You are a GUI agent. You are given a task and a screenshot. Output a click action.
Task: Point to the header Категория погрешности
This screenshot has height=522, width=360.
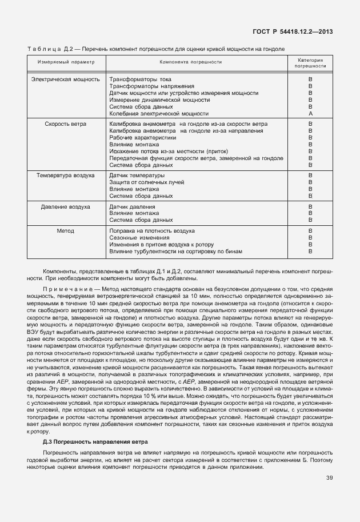pyautogui.click(x=310, y=63)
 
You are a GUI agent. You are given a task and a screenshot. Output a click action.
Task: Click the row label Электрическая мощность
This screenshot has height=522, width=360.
pyautogui.click(x=66, y=79)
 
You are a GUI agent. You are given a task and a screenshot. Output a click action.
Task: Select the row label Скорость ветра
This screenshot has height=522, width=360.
pyautogui.click(x=66, y=123)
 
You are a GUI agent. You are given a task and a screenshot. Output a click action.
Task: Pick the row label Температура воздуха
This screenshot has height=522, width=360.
pyautogui.click(x=66, y=175)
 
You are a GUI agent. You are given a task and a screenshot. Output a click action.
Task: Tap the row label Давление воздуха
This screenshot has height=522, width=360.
pyautogui.click(x=66, y=206)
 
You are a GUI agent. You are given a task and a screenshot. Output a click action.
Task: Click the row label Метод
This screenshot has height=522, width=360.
pyautogui.click(x=66, y=230)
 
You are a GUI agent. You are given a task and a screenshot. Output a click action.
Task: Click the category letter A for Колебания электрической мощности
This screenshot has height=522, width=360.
pyautogui.click(x=310, y=113)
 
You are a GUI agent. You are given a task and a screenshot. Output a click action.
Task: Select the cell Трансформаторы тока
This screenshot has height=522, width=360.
pyautogui.click(x=140, y=79)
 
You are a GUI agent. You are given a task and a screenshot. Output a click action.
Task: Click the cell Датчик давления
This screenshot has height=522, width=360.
pyautogui.click(x=132, y=206)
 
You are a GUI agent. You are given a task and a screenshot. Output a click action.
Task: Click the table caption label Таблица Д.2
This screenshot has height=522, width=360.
pyautogui.click(x=50, y=49)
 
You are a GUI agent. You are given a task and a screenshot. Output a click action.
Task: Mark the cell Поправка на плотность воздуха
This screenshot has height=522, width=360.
pyautogui.click(x=152, y=230)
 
